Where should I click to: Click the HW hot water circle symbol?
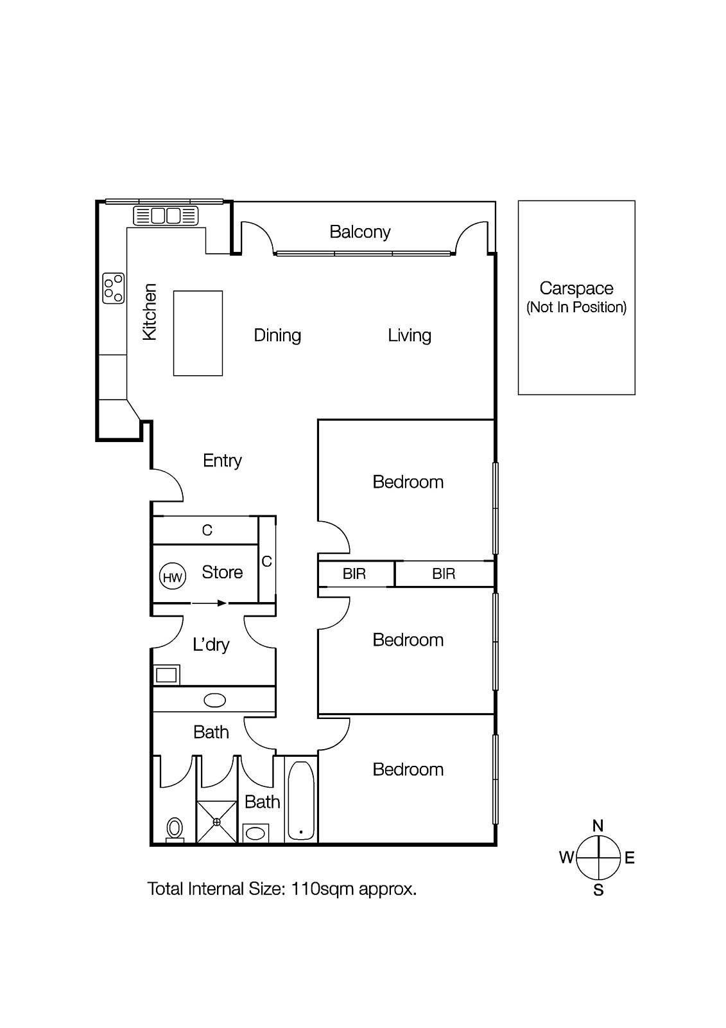pyautogui.click(x=172, y=577)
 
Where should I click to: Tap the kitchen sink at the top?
pyautogui.click(x=166, y=215)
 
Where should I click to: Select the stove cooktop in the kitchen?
pyautogui.click(x=113, y=288)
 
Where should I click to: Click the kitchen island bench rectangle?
pyautogui.click(x=198, y=333)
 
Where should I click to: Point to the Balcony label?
pyautogui.click(x=359, y=232)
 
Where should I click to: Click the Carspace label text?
pyautogui.click(x=576, y=288)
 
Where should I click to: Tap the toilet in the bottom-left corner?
pyautogui.click(x=174, y=828)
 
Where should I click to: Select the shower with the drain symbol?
pyautogui.click(x=216, y=821)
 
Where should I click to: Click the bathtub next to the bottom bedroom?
pyautogui.click(x=300, y=801)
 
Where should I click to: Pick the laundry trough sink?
pyautogui.click(x=166, y=675)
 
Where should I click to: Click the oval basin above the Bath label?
pyautogui.click(x=214, y=700)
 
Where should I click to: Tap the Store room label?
pyautogui.click(x=222, y=572)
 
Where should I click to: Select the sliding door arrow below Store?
pyautogui.click(x=210, y=603)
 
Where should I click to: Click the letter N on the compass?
pyautogui.click(x=598, y=826)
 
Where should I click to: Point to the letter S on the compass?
pyautogui.click(x=598, y=891)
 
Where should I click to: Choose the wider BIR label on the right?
pyautogui.click(x=444, y=574)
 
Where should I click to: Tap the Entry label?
pyautogui.click(x=222, y=461)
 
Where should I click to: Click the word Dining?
pyautogui.click(x=277, y=335)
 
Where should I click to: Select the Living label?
pyautogui.click(x=410, y=335)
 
